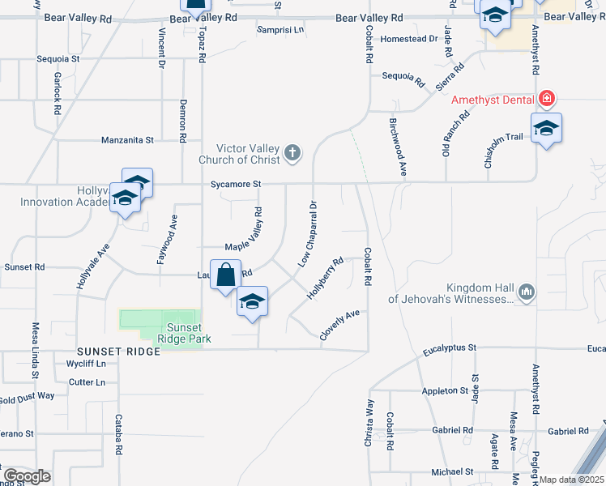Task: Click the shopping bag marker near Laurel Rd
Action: [226, 275]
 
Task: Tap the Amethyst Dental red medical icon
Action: [547, 100]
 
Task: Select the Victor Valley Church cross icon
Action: [292, 151]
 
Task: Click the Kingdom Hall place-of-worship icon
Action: [527, 292]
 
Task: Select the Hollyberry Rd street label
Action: [326, 278]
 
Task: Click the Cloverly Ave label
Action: [340, 326]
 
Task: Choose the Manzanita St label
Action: [127, 140]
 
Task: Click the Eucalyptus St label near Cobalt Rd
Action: [450, 348]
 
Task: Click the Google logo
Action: [27, 476]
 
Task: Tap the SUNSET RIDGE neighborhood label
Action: [115, 352]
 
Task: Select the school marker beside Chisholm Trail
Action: [547, 129]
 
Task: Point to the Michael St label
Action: [452, 471]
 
